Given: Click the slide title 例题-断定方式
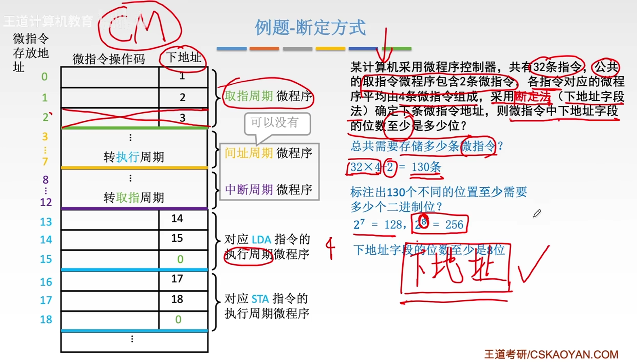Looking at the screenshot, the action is [310, 28].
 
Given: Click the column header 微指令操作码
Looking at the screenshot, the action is [109, 59].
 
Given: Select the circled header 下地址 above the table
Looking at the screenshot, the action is [183, 58].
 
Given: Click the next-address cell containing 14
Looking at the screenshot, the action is [177, 219].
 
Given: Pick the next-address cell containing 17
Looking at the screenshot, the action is [177, 279].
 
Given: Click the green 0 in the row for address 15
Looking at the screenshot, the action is [180, 259].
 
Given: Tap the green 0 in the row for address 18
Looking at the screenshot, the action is [178, 320].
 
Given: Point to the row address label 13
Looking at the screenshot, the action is [46, 222].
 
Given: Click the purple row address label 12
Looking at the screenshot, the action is [46, 202].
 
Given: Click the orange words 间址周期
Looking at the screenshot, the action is [249, 153].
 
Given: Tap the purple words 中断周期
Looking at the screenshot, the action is [249, 189].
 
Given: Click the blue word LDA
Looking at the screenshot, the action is [261, 240].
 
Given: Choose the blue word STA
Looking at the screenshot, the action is [260, 299].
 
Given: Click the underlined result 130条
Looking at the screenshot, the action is [426, 167].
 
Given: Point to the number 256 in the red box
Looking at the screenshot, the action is [454, 225].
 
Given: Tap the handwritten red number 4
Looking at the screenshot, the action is [330, 247].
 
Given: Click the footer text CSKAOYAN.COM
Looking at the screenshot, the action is [574, 354].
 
